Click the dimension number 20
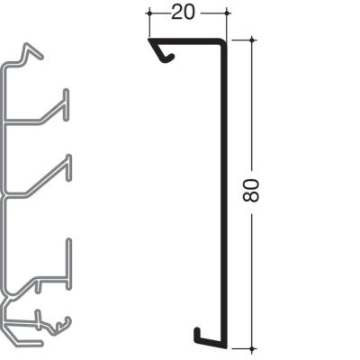(183, 13)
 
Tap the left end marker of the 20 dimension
(149, 13)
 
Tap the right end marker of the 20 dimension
(227, 13)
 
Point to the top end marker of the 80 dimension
(253, 40)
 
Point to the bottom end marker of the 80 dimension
(253, 348)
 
